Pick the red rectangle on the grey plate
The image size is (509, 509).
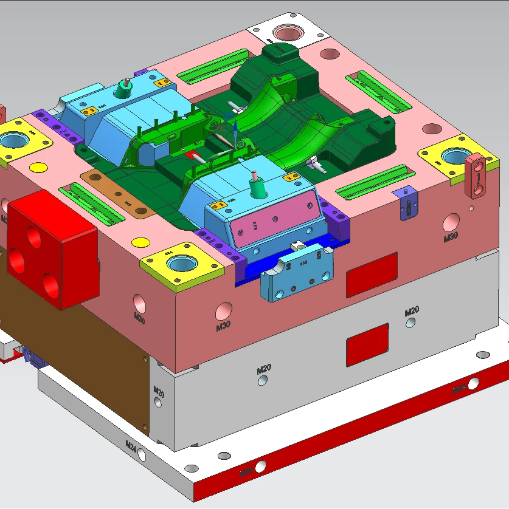pos(367,344)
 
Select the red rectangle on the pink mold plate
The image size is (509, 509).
pos(372,275)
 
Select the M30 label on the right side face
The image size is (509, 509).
pos(450,237)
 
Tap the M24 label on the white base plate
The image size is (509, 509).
pos(131,445)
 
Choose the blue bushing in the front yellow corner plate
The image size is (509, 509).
pos(182,264)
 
